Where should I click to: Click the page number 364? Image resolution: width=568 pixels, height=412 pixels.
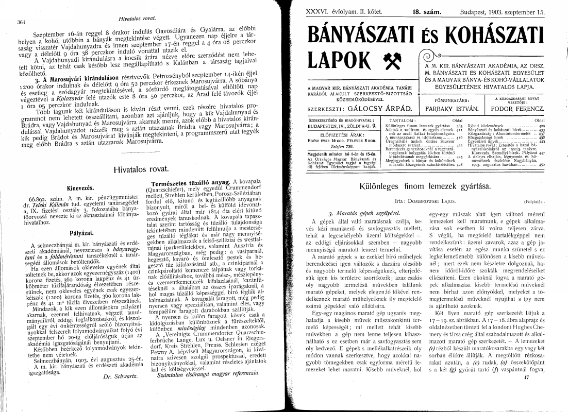[21, 23]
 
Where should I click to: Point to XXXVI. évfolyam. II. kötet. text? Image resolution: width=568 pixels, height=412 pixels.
[338, 8]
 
